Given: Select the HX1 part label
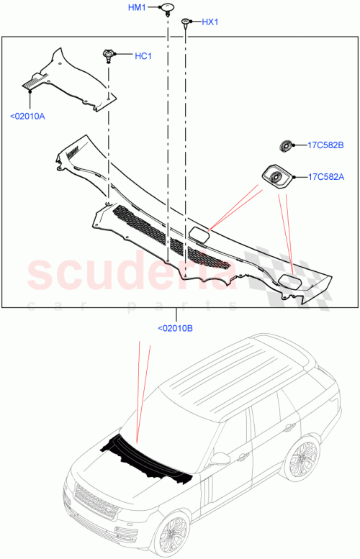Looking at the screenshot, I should [x=210, y=22].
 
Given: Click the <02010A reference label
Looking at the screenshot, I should [x=27, y=115].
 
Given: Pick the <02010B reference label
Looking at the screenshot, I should [x=175, y=329].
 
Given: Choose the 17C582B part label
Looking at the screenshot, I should [x=325, y=147].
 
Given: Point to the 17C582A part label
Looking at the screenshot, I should [x=325, y=176].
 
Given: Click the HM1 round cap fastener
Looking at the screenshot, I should [x=167, y=9].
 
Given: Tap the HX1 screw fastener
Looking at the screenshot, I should [x=186, y=22].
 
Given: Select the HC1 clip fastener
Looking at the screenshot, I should [x=108, y=55].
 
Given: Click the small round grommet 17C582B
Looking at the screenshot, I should [x=286, y=147].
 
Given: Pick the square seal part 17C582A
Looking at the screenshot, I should [x=274, y=176].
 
